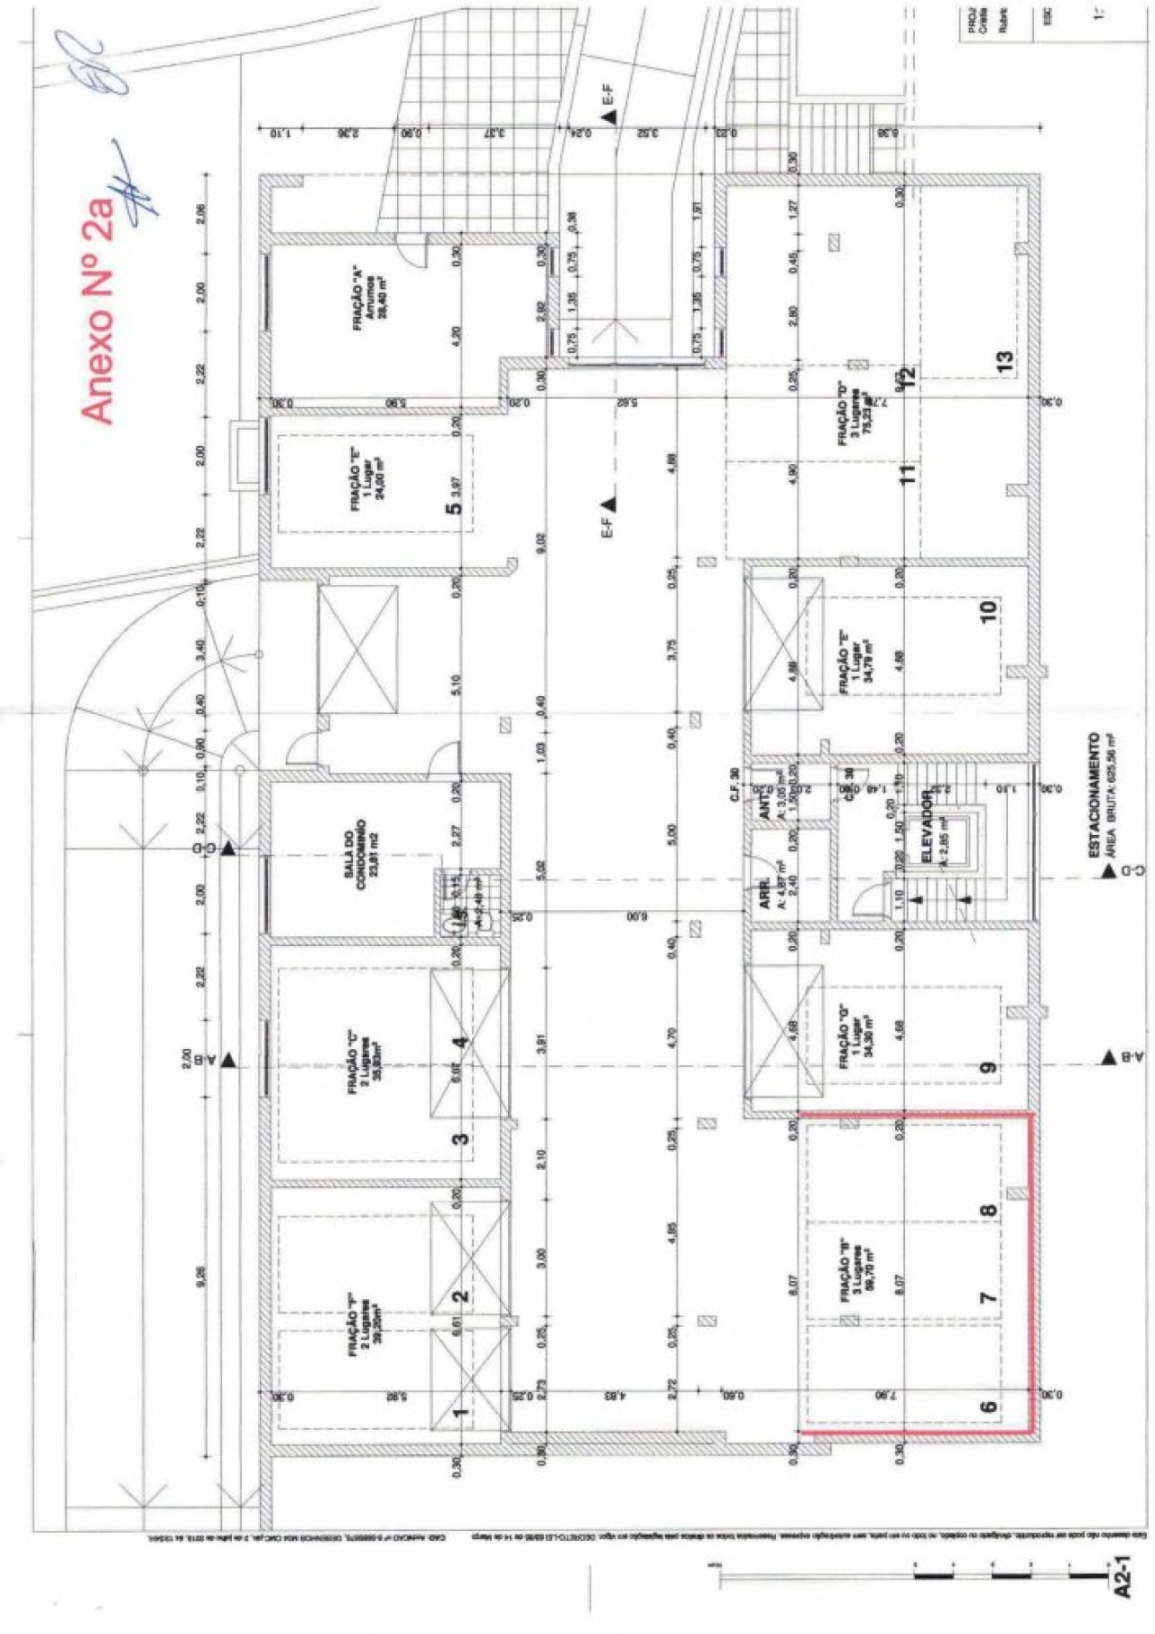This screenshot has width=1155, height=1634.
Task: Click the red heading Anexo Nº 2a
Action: click(98, 307)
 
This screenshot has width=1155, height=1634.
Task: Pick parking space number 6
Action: click(988, 1406)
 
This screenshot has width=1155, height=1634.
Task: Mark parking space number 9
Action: click(988, 1067)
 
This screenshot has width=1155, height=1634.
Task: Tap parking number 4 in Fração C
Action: click(460, 1043)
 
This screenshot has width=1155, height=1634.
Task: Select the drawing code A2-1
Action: click(1122, 1576)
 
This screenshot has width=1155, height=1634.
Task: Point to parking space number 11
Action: click(907, 471)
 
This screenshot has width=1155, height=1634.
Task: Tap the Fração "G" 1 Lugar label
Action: click(852, 1039)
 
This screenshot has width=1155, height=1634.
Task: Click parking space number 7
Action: click(988, 1297)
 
